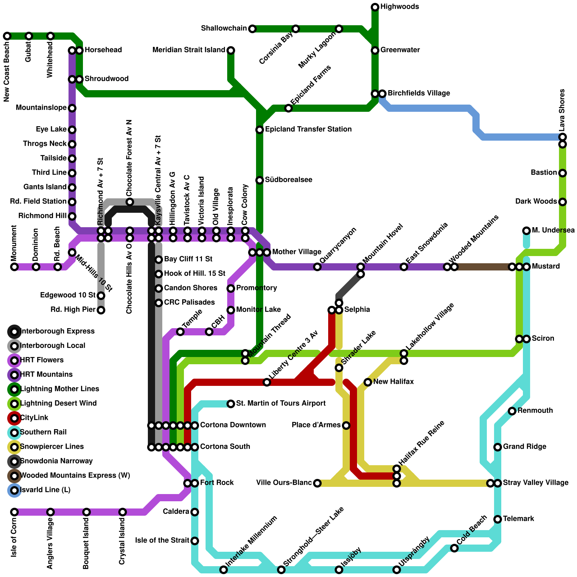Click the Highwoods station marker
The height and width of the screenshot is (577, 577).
coord(375,7)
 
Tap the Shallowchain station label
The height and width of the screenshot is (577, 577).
coord(224,28)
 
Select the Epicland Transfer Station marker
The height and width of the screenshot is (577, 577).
coord(260,129)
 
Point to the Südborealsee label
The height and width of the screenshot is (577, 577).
coord(288,180)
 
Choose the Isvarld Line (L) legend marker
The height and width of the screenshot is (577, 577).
coord(14,490)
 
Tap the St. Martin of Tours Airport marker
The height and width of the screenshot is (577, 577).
coord(231,404)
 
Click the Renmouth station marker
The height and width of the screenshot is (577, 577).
coord(512,411)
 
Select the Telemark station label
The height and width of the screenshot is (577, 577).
coord(519,519)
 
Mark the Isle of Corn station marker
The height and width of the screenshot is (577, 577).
coord(14,512)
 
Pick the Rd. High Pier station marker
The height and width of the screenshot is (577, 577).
coord(101,310)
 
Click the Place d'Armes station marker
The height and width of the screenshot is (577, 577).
coord(346,426)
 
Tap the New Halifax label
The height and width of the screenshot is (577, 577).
coord(393,382)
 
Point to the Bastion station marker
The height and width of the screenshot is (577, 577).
coord(563,173)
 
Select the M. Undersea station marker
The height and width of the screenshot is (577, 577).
coord(527,230)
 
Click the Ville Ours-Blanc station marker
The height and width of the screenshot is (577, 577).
coord(317,483)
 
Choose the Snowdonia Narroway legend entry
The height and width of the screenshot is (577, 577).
coord(50,461)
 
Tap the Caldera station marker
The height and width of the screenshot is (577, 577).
coord(195,512)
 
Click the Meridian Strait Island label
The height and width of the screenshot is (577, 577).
coord(189,50)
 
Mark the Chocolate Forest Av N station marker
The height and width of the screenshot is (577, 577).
coord(130,202)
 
